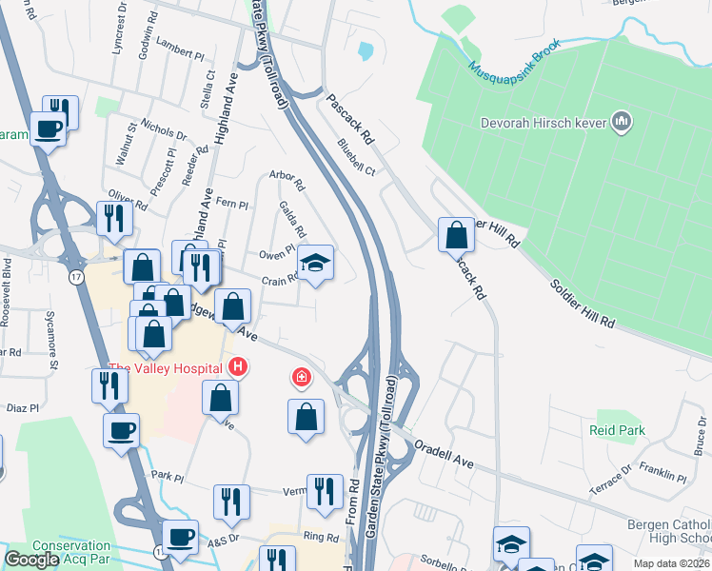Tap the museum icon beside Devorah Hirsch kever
(x=623, y=121)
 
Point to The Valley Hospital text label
(x=167, y=368)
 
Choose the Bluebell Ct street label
(x=356, y=157)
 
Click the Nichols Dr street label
(x=163, y=129)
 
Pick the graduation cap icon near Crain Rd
(x=316, y=263)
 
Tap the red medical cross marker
(x=302, y=379)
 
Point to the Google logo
(x=31, y=561)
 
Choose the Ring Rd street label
(x=315, y=537)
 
